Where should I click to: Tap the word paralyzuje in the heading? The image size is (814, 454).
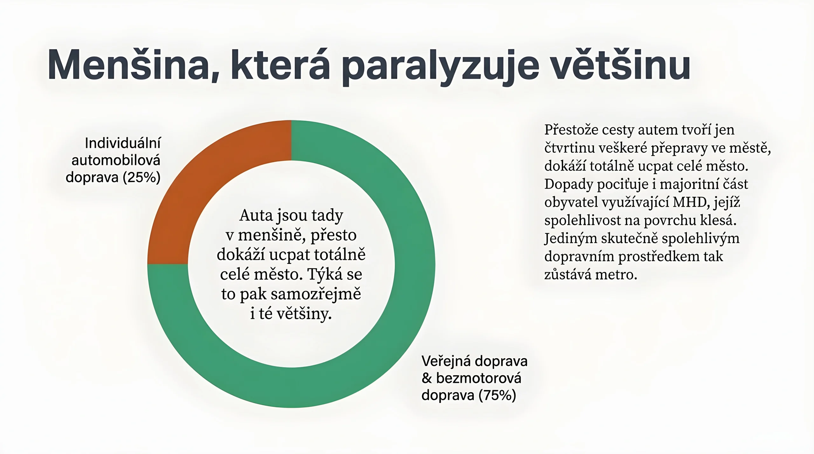[440, 67]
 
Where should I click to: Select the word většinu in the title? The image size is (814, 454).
[620, 65]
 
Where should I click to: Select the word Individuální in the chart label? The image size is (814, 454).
[123, 143]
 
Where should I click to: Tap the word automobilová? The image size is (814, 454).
[116, 160]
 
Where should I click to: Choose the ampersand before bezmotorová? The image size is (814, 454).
[427, 378]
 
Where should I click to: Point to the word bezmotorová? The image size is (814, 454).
[479, 378]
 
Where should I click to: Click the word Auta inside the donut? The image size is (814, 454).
[256, 215]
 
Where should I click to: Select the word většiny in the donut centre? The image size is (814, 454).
[304, 314]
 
